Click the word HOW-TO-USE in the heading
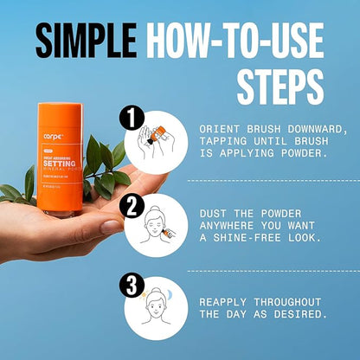(x=235, y=41)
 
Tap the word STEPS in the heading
(x=280, y=87)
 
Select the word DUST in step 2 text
(x=213, y=213)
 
